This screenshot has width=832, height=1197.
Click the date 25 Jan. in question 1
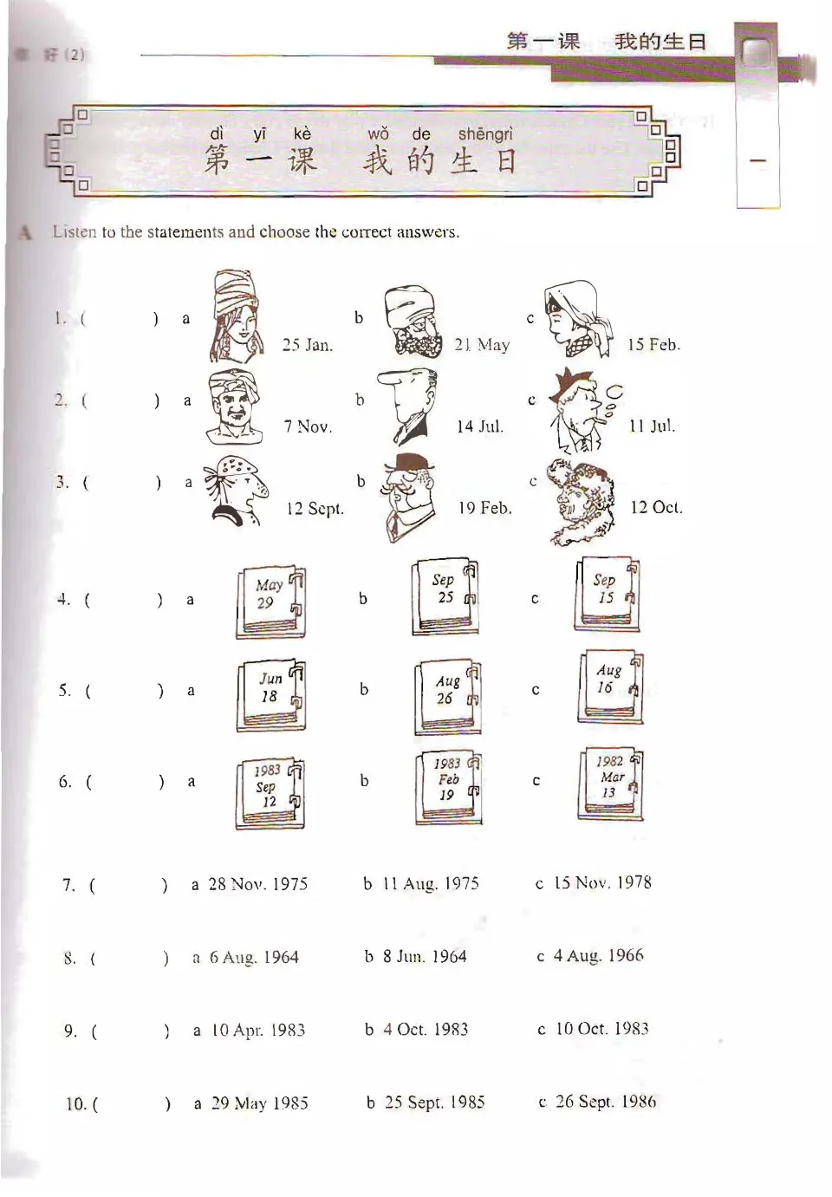point(307,345)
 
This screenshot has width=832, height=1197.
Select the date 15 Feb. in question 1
point(653,345)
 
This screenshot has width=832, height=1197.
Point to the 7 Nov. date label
point(308,426)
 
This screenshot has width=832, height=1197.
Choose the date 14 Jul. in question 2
point(479,426)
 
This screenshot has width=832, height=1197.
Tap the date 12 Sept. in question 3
point(315,509)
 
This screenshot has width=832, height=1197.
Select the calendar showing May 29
point(270,602)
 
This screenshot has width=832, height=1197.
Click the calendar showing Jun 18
point(270,694)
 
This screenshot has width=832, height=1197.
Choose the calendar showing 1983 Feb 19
point(447,786)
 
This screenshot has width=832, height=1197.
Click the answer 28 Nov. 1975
point(257,884)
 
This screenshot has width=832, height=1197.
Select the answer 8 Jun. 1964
point(425,957)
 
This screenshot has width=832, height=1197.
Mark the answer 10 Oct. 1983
point(601,1029)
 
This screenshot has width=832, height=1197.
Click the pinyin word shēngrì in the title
point(485,134)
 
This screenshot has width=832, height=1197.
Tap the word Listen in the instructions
point(75,232)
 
